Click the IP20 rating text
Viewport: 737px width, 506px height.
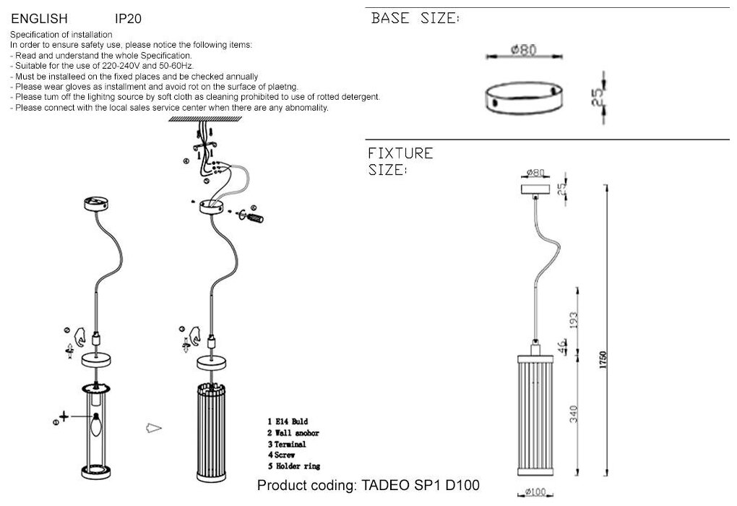point(128,19)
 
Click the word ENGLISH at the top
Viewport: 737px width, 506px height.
point(40,19)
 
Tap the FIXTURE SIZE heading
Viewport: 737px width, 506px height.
point(400,161)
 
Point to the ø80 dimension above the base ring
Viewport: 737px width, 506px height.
point(522,50)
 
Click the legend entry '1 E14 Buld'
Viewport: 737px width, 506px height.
point(288,420)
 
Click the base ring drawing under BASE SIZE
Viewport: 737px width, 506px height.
point(523,97)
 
